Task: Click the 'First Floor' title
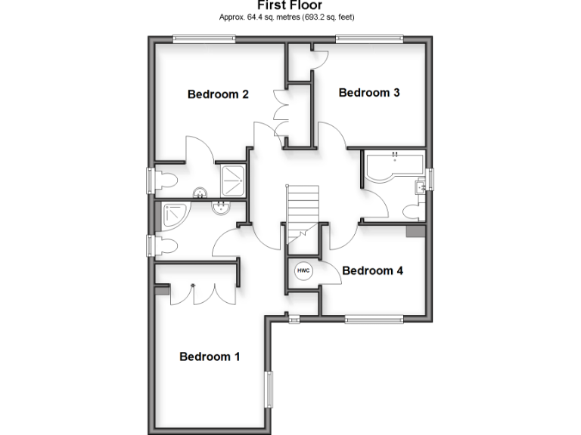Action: click(x=290, y=5)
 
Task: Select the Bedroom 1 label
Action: click(x=210, y=356)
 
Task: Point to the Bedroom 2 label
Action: click(x=219, y=94)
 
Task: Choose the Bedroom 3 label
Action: click(x=369, y=92)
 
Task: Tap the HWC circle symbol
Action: click(x=303, y=270)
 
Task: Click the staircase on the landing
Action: click(x=302, y=211)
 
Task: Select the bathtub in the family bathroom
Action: click(x=393, y=168)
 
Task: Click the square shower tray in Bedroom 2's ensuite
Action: click(x=231, y=179)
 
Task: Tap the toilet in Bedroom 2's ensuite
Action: click(x=166, y=180)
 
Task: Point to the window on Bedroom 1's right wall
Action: click(x=267, y=392)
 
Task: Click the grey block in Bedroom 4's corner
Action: click(x=415, y=231)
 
